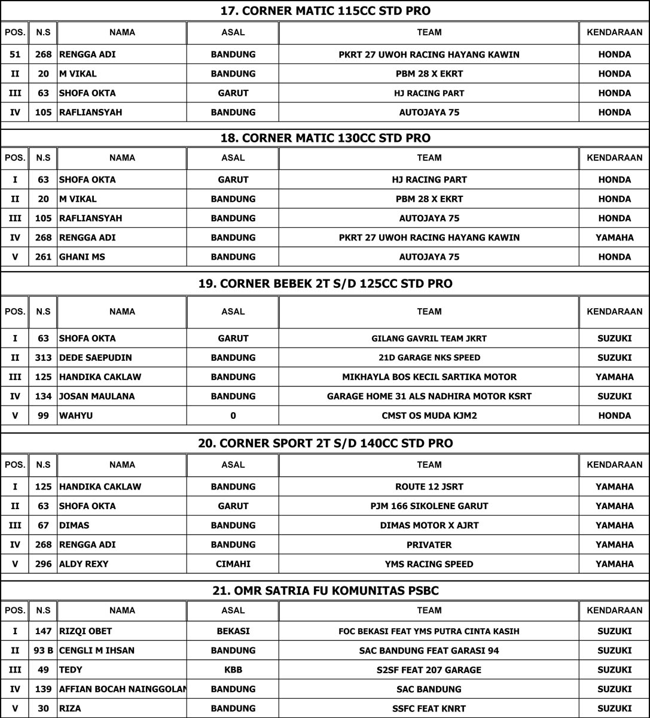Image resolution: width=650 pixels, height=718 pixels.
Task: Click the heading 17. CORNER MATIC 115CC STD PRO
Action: point(325,11)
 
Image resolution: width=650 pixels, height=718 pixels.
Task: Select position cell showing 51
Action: point(15,54)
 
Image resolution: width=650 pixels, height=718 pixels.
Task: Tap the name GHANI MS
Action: point(79,257)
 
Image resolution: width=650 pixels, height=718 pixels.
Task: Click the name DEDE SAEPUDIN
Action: point(95,358)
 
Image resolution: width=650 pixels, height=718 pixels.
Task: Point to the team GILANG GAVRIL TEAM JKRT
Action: point(429,339)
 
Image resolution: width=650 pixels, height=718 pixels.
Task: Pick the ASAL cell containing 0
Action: point(233,416)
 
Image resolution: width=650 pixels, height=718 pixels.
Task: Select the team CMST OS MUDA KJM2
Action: point(429,416)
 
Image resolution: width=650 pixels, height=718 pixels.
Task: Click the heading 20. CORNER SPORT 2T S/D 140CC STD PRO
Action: point(325,443)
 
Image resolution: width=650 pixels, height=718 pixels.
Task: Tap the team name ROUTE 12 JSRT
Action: point(429,487)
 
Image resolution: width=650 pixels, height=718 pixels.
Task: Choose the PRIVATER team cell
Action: point(429,545)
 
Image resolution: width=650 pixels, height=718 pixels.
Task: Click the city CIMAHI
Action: point(233,564)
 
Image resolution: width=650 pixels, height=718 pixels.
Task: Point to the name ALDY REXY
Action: point(84,564)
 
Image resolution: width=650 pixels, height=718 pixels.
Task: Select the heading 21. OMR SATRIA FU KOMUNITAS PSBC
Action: point(325,591)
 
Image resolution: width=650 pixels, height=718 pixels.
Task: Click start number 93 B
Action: point(43,651)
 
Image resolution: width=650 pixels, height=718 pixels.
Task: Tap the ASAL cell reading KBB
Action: point(233,670)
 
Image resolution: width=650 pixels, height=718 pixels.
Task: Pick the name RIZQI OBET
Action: point(86,631)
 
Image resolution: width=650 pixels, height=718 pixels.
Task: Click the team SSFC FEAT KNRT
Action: point(429,708)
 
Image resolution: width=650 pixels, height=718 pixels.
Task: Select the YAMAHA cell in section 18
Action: point(614,238)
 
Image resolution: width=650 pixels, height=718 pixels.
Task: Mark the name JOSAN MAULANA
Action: point(96,396)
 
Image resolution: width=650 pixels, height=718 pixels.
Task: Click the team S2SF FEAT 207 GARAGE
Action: point(429,670)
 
